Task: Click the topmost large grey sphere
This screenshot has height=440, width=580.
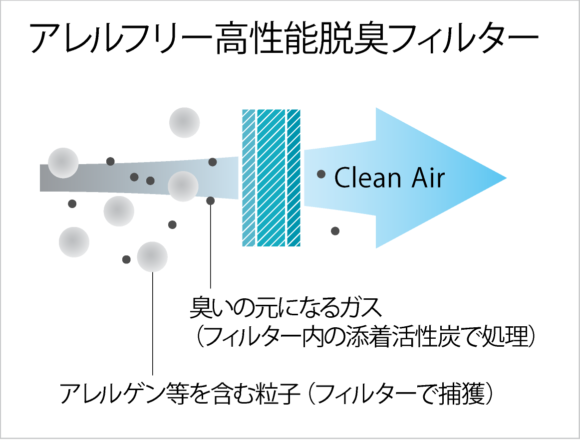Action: coord(185,122)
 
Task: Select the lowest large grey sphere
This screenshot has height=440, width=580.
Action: coord(152,257)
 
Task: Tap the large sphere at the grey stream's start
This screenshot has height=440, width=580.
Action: coord(63,163)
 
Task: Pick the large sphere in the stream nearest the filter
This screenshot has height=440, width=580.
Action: coord(183,186)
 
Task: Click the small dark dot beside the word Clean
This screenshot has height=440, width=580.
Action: coord(321,174)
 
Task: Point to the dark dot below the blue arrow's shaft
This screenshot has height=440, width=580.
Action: coord(335,231)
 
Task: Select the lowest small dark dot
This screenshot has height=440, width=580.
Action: coord(126,259)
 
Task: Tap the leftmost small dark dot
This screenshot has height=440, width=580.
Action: coord(72,204)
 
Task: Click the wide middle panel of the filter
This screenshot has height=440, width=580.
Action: coord(271,178)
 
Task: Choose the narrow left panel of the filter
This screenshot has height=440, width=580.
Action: coord(249,178)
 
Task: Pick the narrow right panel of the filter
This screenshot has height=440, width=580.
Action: coord(294,178)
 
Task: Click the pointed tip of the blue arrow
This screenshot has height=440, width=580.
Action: coord(505,178)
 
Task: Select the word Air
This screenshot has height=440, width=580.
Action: coord(428,178)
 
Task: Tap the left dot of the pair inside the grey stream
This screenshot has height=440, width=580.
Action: coord(134,177)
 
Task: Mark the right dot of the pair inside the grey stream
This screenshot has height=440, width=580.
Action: coord(150,181)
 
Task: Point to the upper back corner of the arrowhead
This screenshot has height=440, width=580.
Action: coord(377,109)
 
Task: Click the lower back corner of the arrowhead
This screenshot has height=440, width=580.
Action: coord(377,247)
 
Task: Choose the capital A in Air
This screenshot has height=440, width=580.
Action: coord(420,178)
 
